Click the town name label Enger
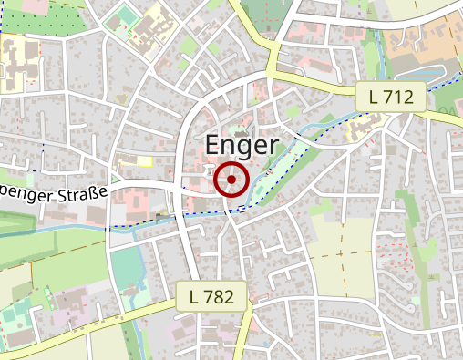click(x=241, y=145)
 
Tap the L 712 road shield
click(x=390, y=96)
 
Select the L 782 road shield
click(x=212, y=295)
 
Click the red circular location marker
click(x=231, y=180)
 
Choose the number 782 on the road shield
click(x=221, y=295)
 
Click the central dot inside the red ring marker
click(x=231, y=180)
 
